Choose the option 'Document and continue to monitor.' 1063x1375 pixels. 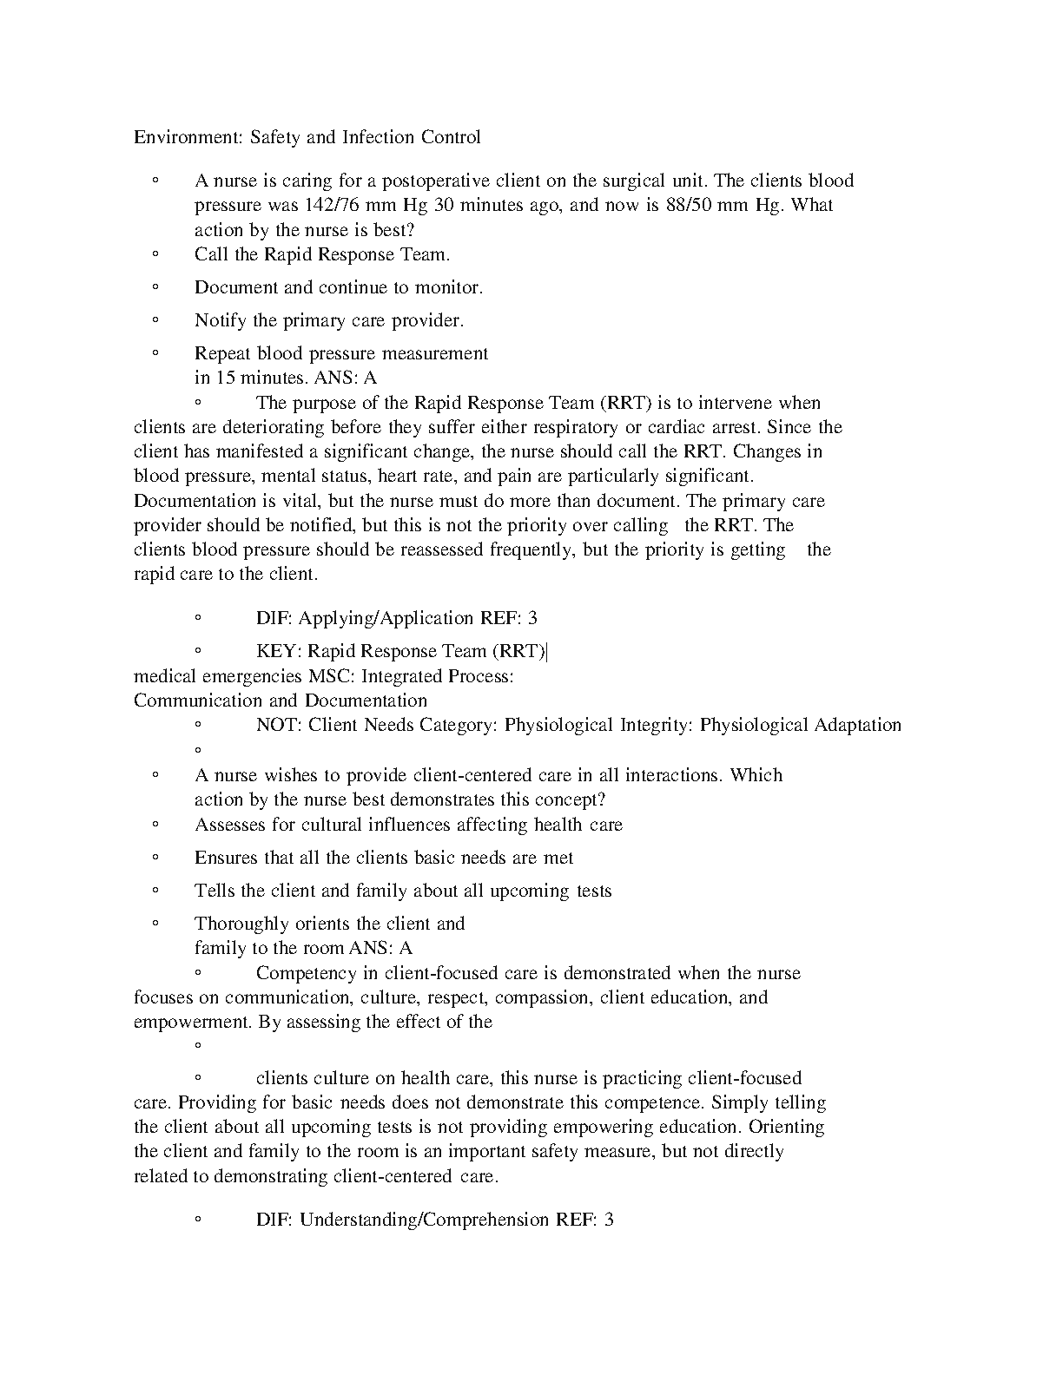point(339,287)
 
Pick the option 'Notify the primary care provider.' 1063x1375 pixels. point(329,320)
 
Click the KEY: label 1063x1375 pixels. point(278,651)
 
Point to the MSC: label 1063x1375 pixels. point(332,675)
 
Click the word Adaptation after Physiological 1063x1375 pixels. point(857,725)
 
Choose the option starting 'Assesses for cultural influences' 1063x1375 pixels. point(408,825)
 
